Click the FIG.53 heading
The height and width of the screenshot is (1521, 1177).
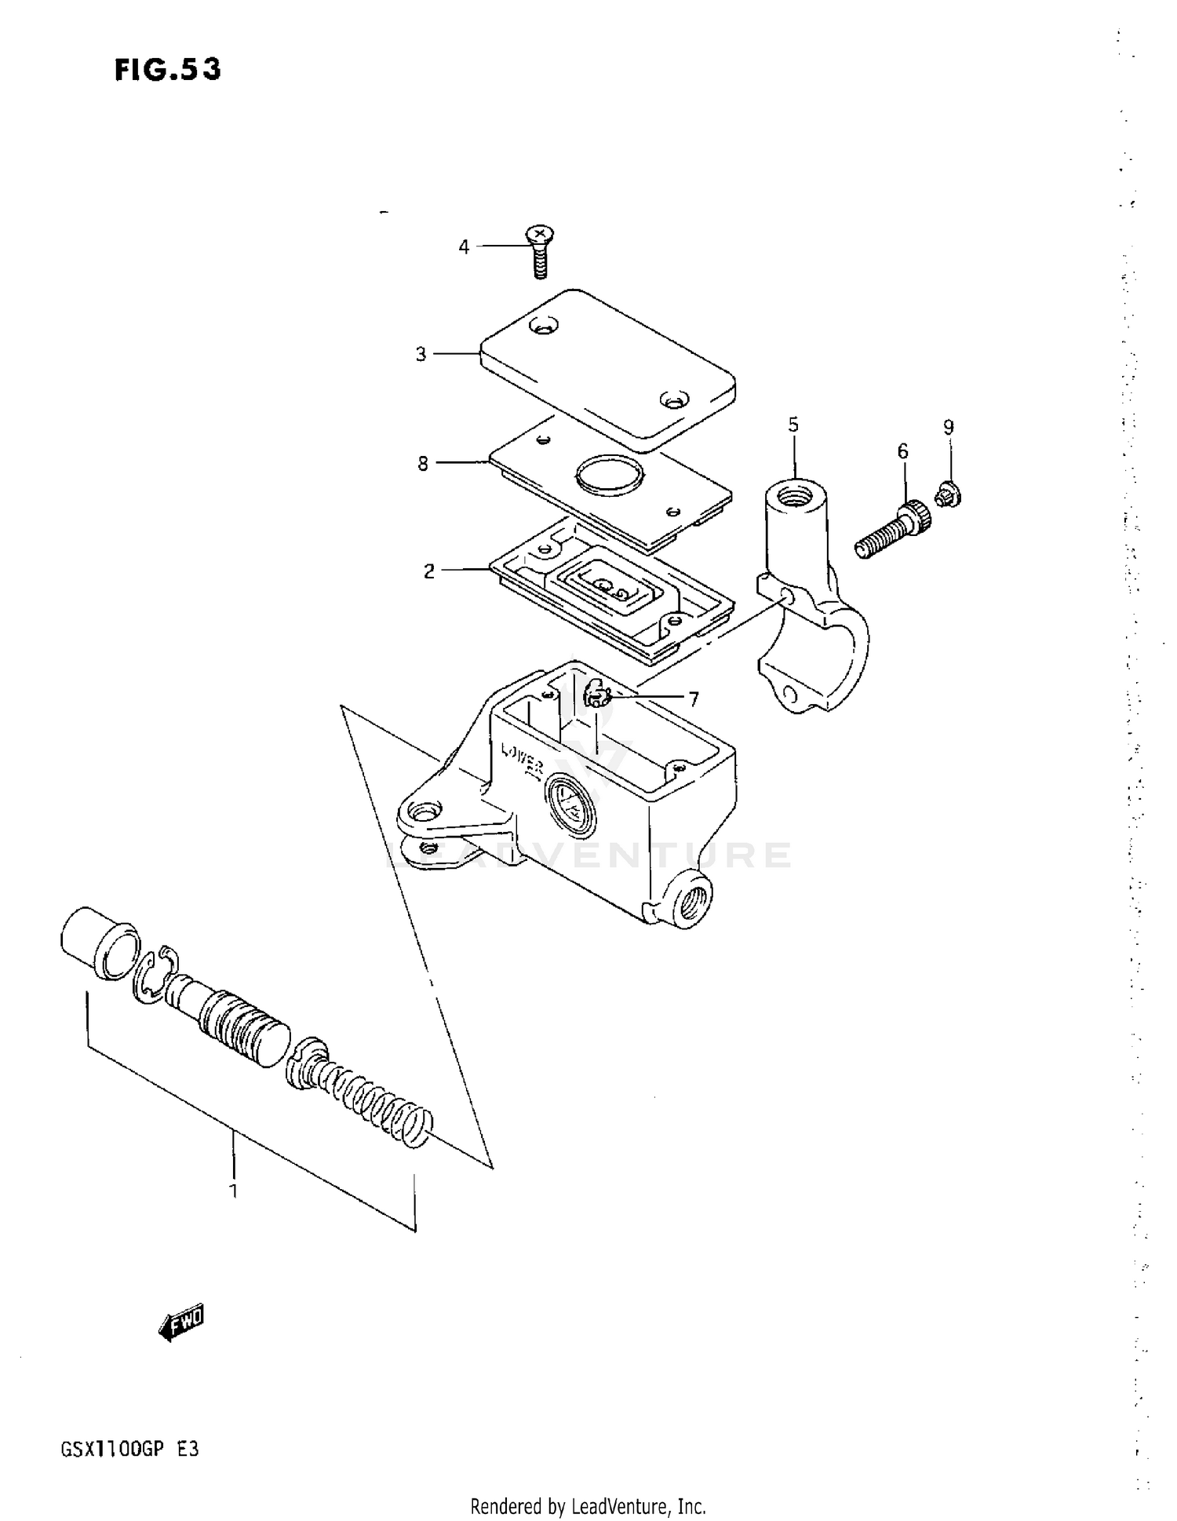168,71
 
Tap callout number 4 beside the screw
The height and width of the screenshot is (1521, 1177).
464,247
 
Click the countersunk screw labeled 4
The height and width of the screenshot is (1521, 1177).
539,251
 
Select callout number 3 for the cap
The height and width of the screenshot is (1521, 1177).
421,355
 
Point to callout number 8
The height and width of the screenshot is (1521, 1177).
423,464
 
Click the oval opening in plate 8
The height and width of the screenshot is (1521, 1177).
609,475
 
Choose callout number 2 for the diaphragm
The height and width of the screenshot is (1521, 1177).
428,571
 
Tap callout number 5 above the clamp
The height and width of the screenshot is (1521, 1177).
793,425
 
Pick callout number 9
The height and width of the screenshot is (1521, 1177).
949,428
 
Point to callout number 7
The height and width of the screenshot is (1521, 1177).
694,698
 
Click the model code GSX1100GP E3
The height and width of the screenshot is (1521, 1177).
129,1449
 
